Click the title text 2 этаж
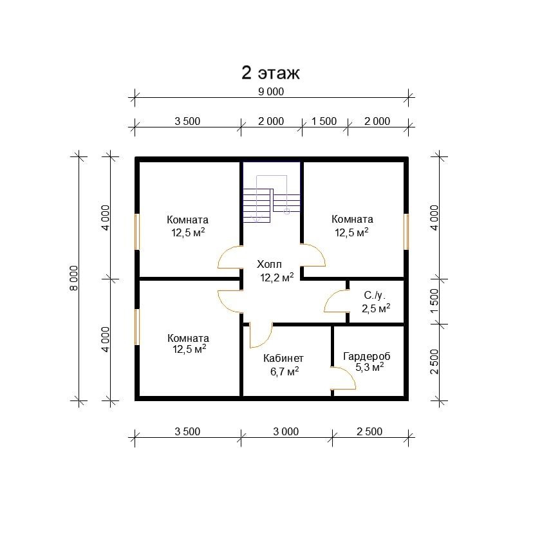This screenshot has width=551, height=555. [271, 73]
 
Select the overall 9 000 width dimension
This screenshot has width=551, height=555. [271, 91]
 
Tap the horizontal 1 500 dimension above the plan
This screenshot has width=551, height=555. [324, 121]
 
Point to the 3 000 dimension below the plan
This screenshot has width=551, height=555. [286, 431]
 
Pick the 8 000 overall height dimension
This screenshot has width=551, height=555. [74, 278]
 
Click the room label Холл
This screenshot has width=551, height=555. [269, 265]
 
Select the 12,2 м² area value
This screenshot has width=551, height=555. [277, 277]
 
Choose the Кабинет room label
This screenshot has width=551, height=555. [283, 358]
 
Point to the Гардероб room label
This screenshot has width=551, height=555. [367, 356]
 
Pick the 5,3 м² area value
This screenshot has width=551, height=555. [369, 368]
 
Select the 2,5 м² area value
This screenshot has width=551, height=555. [376, 308]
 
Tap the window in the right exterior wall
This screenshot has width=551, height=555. [406, 231]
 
